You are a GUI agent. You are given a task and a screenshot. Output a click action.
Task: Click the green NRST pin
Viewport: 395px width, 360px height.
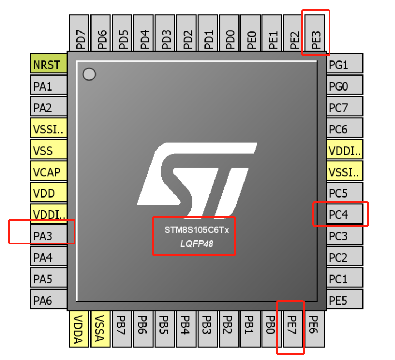[x=49, y=65]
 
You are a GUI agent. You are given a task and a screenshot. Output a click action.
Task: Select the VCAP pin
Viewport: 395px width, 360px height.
[x=49, y=172]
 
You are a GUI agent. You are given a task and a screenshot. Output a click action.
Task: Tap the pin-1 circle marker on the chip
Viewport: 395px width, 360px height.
[x=89, y=74]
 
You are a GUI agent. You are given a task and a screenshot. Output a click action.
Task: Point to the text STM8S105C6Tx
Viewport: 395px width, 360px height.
[x=196, y=230]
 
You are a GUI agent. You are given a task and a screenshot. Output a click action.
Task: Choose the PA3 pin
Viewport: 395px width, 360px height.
[x=49, y=236]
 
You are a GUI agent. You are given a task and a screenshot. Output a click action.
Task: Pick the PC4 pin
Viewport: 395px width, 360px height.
[x=345, y=215]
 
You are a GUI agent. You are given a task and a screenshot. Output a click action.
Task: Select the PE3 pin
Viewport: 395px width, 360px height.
[x=315, y=33]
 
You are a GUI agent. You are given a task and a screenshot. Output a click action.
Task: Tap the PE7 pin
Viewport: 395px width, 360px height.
[x=293, y=329]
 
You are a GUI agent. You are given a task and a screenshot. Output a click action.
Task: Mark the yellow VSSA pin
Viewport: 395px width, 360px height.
[x=100, y=329]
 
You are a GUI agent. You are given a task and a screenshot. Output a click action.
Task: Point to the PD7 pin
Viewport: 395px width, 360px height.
[x=79, y=33]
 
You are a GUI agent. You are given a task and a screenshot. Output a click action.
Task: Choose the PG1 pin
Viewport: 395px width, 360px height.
[x=345, y=65]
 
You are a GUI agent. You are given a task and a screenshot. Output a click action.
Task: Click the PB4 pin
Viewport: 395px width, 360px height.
[x=186, y=329]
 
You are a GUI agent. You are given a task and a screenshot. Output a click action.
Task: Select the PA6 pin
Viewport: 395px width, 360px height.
[x=49, y=300]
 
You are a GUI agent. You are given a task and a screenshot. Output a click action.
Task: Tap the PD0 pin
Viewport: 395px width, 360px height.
[x=229, y=33]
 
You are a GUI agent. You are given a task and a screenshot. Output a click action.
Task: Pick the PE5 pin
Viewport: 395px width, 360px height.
[x=345, y=300]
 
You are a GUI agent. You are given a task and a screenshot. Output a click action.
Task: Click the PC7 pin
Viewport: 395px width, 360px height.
[x=345, y=108]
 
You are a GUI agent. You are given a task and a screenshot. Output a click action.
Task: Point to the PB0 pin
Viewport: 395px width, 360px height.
[x=272, y=329]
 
